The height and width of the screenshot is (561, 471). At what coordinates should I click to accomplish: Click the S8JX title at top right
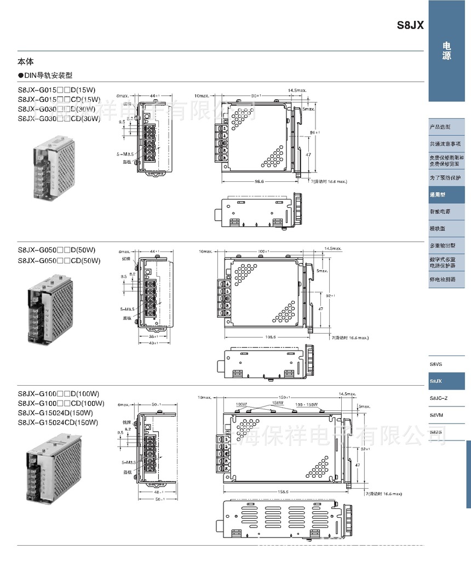[x=410, y=26]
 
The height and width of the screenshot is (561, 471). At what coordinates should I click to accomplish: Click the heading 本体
[x=26, y=62]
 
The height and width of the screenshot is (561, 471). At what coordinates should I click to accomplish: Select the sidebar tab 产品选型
[x=440, y=127]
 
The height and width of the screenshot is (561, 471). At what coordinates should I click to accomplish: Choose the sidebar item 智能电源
[x=440, y=211]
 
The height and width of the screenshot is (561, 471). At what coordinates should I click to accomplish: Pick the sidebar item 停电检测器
[x=442, y=279]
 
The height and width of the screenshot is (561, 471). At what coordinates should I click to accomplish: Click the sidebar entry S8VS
[x=436, y=364]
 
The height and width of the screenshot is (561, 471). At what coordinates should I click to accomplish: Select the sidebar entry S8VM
[x=436, y=415]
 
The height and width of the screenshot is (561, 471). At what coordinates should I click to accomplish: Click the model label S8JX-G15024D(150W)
[x=55, y=413]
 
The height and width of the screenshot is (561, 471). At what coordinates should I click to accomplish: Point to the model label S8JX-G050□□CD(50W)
[x=59, y=261]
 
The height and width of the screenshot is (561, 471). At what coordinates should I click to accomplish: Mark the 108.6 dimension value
[x=270, y=337]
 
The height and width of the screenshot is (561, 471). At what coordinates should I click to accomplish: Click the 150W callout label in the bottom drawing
[x=278, y=403]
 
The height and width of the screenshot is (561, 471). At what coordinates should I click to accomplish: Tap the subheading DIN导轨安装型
[x=48, y=76]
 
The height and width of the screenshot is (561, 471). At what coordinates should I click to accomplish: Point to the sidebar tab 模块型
[x=438, y=228]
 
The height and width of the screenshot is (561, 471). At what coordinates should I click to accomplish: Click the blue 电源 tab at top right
[x=447, y=51]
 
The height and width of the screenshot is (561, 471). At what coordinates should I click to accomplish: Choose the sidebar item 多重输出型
[x=442, y=245]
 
